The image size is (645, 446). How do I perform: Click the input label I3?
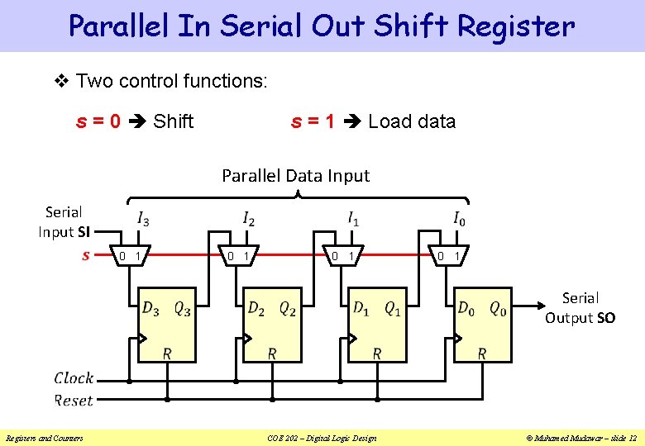(143, 219)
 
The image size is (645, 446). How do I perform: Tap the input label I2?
(248, 219)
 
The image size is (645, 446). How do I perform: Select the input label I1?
(353, 219)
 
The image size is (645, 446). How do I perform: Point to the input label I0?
(458, 219)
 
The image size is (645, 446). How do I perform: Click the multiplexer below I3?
(131, 256)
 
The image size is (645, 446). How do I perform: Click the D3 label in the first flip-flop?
(151, 308)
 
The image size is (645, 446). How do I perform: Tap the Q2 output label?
(287, 308)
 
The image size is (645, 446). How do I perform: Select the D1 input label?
(361, 308)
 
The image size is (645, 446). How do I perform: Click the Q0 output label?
(497, 308)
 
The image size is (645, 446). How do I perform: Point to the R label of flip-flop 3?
(167, 353)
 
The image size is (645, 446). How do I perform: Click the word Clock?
(74, 378)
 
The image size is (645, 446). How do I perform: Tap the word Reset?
(74, 401)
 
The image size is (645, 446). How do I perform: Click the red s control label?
(86, 256)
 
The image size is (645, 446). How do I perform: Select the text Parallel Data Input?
(295, 175)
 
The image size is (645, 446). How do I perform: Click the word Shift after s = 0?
(174, 121)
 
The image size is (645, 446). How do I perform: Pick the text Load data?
(412, 121)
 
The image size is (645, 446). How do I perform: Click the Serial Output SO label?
(580, 307)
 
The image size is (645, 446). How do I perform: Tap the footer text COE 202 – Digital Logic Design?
(323, 438)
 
